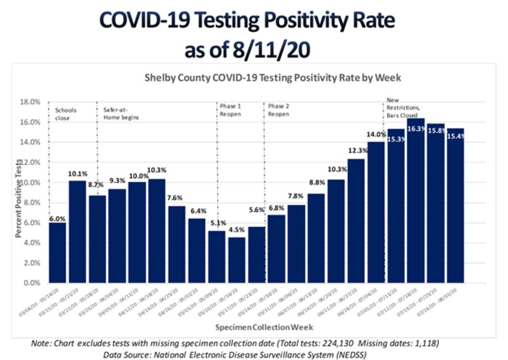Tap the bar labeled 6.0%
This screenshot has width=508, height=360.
58,253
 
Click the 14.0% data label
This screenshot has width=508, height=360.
376,134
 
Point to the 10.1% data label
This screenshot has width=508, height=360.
77,173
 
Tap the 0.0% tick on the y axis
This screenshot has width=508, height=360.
31,283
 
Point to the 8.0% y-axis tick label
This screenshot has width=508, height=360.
31,203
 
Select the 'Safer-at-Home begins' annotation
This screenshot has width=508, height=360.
118,114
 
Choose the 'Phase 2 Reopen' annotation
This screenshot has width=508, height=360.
279,110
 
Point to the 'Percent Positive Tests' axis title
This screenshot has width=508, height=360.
19,198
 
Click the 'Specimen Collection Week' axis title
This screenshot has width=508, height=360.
264,327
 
